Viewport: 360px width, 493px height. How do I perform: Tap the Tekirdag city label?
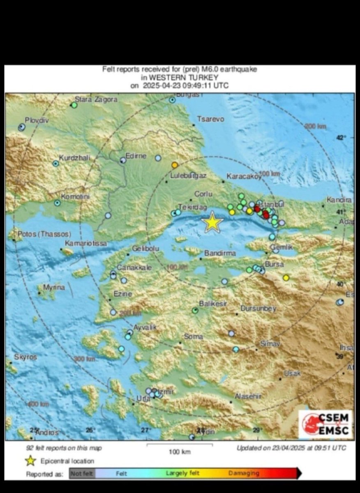pos(192,207)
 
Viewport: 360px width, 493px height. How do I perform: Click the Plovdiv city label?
pos(37,120)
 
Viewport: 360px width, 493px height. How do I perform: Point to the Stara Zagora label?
pos(96,99)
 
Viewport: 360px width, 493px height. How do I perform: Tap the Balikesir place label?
pos(213,304)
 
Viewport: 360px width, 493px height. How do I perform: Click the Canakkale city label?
pos(134,267)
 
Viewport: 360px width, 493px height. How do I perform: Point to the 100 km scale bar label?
pos(180,452)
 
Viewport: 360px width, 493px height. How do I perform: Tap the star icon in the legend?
pos(30,461)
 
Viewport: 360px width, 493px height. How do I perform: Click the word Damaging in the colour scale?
pos(244,473)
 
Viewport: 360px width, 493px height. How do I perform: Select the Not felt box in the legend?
pos(81,474)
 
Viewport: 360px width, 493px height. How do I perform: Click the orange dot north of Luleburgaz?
pos(175,165)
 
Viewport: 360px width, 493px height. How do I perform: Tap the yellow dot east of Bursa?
pos(286,278)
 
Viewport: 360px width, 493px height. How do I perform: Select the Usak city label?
pos(293,373)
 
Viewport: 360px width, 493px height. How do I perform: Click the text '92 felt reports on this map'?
pos(64,448)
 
